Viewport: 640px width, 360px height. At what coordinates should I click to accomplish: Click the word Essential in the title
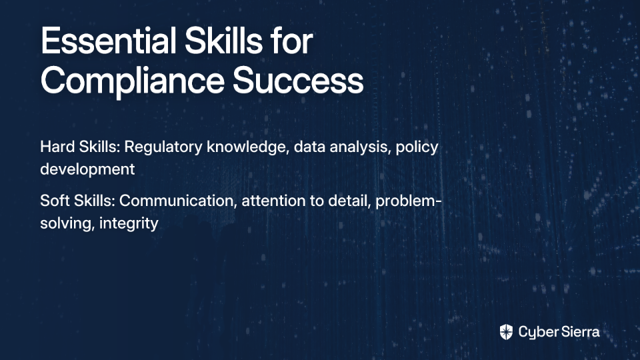(x=109, y=41)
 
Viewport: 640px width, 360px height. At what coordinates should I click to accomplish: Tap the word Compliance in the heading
(x=132, y=81)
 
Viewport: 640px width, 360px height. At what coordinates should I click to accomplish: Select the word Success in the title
(x=298, y=81)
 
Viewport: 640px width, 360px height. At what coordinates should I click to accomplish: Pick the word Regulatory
(x=163, y=147)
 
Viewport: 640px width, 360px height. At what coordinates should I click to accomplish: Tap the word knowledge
(x=248, y=147)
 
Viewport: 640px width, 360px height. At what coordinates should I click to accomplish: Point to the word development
(x=87, y=169)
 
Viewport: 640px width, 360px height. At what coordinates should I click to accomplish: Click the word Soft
(x=55, y=201)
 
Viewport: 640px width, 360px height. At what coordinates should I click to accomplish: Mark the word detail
(x=349, y=201)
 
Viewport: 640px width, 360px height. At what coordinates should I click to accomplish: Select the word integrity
(x=129, y=223)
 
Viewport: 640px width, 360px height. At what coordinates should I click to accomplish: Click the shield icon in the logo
(x=506, y=332)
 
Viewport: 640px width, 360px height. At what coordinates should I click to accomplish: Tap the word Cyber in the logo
(x=536, y=333)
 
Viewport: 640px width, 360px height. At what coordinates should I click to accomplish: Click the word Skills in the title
(x=223, y=41)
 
